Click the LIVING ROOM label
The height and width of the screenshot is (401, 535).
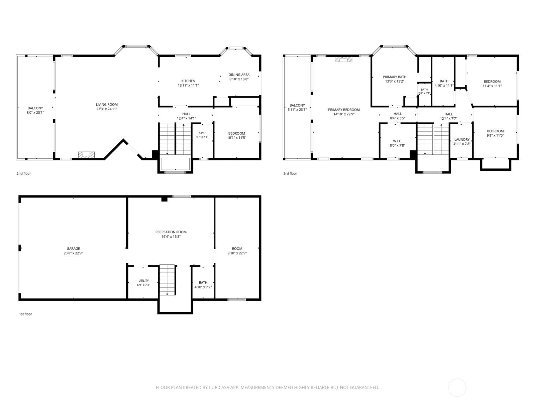107,105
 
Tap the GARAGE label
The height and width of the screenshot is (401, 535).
73,249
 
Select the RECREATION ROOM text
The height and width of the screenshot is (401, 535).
171,232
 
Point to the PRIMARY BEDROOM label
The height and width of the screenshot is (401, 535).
344,110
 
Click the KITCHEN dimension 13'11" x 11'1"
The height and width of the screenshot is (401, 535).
188,86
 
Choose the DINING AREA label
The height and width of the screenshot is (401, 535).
239,75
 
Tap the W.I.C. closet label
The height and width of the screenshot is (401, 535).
397,141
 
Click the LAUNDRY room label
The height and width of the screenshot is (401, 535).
462,139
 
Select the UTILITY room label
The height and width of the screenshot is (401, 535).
143,281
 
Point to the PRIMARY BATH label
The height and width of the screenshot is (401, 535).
395,77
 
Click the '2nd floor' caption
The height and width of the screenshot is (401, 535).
24,173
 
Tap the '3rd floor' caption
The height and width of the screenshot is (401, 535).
290,173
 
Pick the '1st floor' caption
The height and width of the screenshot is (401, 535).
26,314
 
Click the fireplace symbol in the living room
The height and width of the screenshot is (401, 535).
86,155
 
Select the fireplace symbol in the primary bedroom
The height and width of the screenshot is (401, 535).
343,59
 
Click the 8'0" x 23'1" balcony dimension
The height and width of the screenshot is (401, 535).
35,113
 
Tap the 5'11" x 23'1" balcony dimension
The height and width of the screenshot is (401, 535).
297,110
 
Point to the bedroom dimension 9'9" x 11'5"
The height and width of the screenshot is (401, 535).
495,135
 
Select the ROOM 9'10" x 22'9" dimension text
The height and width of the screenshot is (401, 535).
237,253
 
